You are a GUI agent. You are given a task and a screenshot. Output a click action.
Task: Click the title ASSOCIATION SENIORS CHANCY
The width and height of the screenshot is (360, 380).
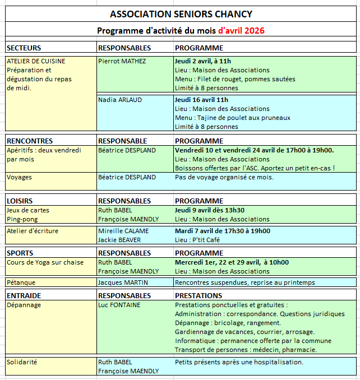[181, 14]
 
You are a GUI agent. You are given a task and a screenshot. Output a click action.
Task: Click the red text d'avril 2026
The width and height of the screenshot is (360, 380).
[241, 30]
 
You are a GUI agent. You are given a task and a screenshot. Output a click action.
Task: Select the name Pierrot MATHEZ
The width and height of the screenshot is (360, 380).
[122, 61]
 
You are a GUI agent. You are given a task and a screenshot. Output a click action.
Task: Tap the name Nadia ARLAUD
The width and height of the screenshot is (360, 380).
[119, 100]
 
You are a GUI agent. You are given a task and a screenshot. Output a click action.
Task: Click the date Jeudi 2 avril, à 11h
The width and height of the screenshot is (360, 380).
[202, 61]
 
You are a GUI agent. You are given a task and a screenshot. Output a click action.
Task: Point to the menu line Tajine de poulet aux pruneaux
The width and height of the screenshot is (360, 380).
[233, 118]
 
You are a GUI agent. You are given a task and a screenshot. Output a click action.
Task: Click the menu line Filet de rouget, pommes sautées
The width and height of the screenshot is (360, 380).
[235, 79]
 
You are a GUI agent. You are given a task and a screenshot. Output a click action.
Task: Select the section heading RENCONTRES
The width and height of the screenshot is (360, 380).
[29, 141]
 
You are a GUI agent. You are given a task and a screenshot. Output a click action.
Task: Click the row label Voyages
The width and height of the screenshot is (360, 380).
[19, 177]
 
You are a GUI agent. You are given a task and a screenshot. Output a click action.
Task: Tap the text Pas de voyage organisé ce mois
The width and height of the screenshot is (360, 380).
[224, 177]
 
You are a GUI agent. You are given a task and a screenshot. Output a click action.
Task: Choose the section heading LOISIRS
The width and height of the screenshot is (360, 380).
[20, 201]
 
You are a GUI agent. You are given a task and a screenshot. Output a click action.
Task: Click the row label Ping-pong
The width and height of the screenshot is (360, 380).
[22, 219]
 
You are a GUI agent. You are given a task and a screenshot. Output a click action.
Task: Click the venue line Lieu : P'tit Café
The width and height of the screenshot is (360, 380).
[197, 239]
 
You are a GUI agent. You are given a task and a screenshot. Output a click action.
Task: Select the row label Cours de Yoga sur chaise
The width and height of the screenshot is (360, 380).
[45, 262]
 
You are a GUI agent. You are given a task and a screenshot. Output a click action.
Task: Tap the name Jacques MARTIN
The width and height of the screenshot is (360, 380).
[122, 282]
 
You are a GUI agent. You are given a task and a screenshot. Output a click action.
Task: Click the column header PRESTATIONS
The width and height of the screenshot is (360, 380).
[199, 295]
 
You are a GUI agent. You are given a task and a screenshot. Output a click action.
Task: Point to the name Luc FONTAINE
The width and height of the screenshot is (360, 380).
[119, 305]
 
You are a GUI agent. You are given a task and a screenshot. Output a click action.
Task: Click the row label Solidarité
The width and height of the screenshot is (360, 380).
[22, 362]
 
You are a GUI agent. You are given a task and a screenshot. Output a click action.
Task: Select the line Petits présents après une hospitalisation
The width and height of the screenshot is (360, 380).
[239, 362]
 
